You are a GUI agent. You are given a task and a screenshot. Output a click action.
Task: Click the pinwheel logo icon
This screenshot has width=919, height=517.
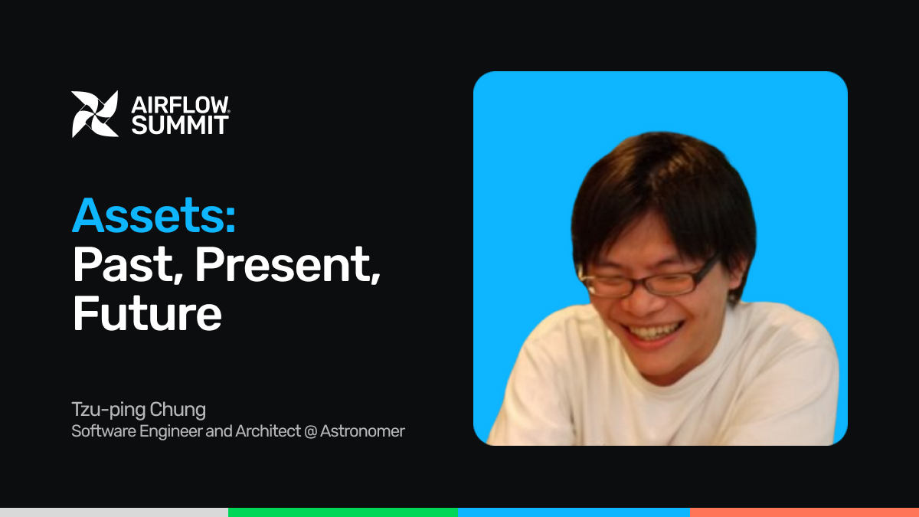[95, 114]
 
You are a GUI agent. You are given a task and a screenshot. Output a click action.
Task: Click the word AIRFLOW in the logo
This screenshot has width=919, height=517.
[180, 105]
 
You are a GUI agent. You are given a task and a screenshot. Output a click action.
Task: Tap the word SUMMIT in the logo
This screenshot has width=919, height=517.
[180, 125]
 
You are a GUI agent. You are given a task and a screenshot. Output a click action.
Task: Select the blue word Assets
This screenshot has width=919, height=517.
[154, 215]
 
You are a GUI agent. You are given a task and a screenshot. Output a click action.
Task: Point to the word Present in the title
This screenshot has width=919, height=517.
[288, 265]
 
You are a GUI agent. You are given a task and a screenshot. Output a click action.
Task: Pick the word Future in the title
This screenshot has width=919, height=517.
[147, 312]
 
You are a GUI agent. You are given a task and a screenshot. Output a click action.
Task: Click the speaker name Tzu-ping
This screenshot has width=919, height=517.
[107, 410]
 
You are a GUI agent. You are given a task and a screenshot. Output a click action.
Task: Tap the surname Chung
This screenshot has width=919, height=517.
[177, 410]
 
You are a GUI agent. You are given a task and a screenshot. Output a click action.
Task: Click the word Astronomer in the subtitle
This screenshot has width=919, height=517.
[362, 431]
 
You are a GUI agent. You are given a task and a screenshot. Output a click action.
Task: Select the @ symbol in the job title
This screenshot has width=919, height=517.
[311, 432]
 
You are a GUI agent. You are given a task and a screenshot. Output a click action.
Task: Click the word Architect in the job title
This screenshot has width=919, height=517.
[268, 431]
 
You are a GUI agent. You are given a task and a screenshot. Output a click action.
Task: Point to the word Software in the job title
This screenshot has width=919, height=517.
[103, 431]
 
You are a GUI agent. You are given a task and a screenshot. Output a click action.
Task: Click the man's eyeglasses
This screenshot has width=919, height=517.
[648, 280]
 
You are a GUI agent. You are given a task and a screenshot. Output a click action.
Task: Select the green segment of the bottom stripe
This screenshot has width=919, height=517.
[343, 512]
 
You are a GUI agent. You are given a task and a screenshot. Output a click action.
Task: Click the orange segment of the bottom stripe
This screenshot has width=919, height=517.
[805, 512]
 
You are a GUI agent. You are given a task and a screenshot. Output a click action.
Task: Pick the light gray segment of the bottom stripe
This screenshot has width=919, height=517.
[114, 512]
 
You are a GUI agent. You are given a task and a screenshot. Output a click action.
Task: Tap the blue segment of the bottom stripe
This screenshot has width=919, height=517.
[574, 512]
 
